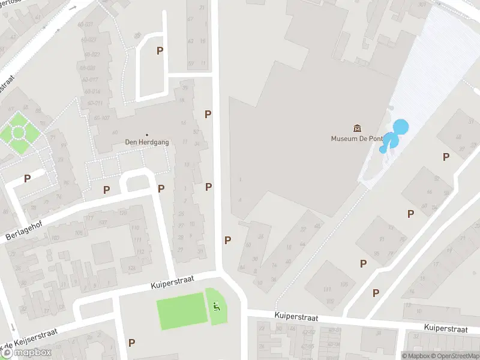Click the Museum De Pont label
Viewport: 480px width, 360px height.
point(357,139)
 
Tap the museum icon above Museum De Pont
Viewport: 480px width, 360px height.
point(358,128)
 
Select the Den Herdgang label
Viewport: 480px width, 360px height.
point(147,142)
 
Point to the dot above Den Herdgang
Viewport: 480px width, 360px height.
point(147,134)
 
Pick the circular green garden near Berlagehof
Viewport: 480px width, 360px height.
point(17,131)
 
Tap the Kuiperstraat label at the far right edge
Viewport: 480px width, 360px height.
point(445,328)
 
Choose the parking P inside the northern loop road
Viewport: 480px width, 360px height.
point(160,51)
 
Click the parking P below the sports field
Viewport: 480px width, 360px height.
point(131,343)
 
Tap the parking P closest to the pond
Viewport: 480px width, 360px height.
point(446,157)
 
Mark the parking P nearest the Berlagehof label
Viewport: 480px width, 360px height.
point(27,178)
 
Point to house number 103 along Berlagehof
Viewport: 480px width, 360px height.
point(55,238)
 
